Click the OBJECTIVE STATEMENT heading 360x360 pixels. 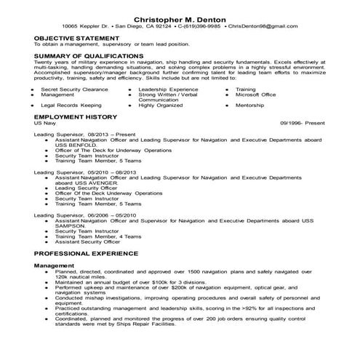click(76, 37)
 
